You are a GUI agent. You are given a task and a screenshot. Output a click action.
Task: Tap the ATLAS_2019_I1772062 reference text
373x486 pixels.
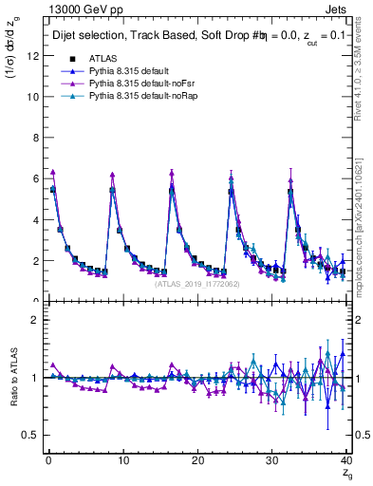pyautogui.click(x=196, y=283)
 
